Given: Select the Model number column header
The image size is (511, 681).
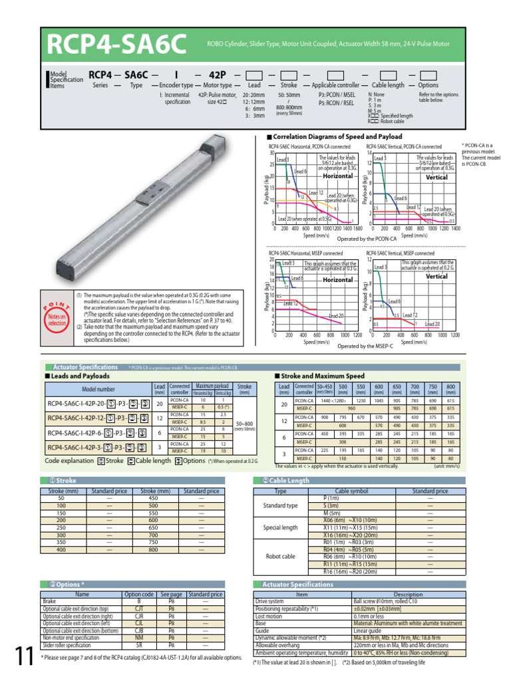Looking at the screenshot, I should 98,389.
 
